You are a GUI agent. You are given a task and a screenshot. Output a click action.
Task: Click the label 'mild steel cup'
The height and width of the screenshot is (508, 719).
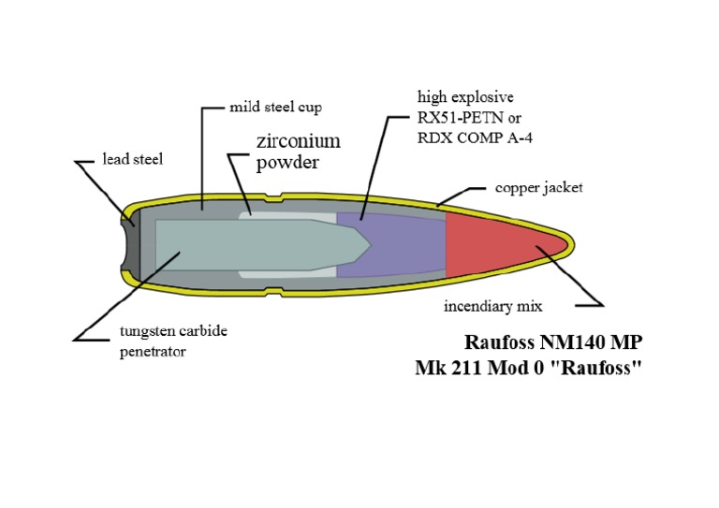[x=275, y=108]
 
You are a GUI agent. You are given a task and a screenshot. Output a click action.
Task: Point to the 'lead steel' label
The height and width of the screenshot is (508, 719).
[x=133, y=159]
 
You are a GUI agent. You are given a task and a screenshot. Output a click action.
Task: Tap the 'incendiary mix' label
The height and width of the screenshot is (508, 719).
[x=492, y=306]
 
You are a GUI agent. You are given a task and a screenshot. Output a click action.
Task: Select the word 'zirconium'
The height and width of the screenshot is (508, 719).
[x=298, y=141]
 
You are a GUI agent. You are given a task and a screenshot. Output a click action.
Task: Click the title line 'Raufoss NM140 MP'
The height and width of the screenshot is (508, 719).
[x=553, y=342]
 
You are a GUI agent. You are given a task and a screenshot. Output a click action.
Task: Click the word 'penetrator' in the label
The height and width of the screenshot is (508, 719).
[x=154, y=352]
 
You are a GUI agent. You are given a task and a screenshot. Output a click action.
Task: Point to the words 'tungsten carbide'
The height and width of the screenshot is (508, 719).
[x=173, y=332]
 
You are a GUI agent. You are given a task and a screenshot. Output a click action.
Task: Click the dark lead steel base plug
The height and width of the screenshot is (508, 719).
[x=131, y=245]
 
